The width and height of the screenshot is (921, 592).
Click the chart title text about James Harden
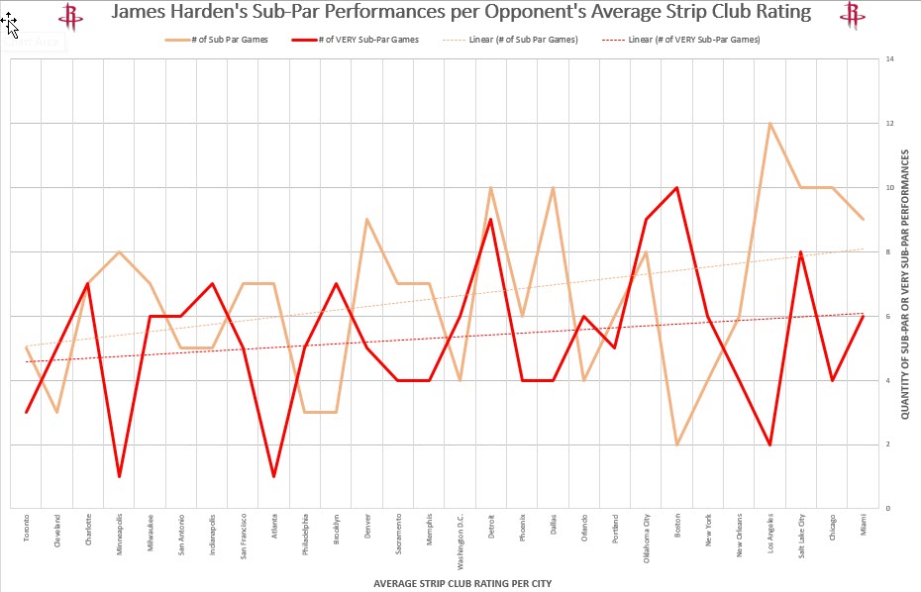click(460, 13)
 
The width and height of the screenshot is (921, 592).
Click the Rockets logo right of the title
click(851, 15)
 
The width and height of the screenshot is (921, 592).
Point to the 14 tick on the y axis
click(890, 59)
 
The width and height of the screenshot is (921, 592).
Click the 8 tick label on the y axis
click(889, 251)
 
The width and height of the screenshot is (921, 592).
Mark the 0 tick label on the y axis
click(889, 508)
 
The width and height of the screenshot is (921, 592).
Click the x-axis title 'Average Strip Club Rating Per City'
click(461, 583)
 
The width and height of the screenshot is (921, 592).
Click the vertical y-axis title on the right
click(905, 284)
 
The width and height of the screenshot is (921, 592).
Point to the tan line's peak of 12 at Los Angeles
click(770, 124)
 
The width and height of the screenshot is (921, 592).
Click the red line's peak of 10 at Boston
click(677, 187)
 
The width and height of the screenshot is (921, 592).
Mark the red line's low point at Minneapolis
click(120, 476)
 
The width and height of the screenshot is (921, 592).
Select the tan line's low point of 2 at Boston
click(677, 444)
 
